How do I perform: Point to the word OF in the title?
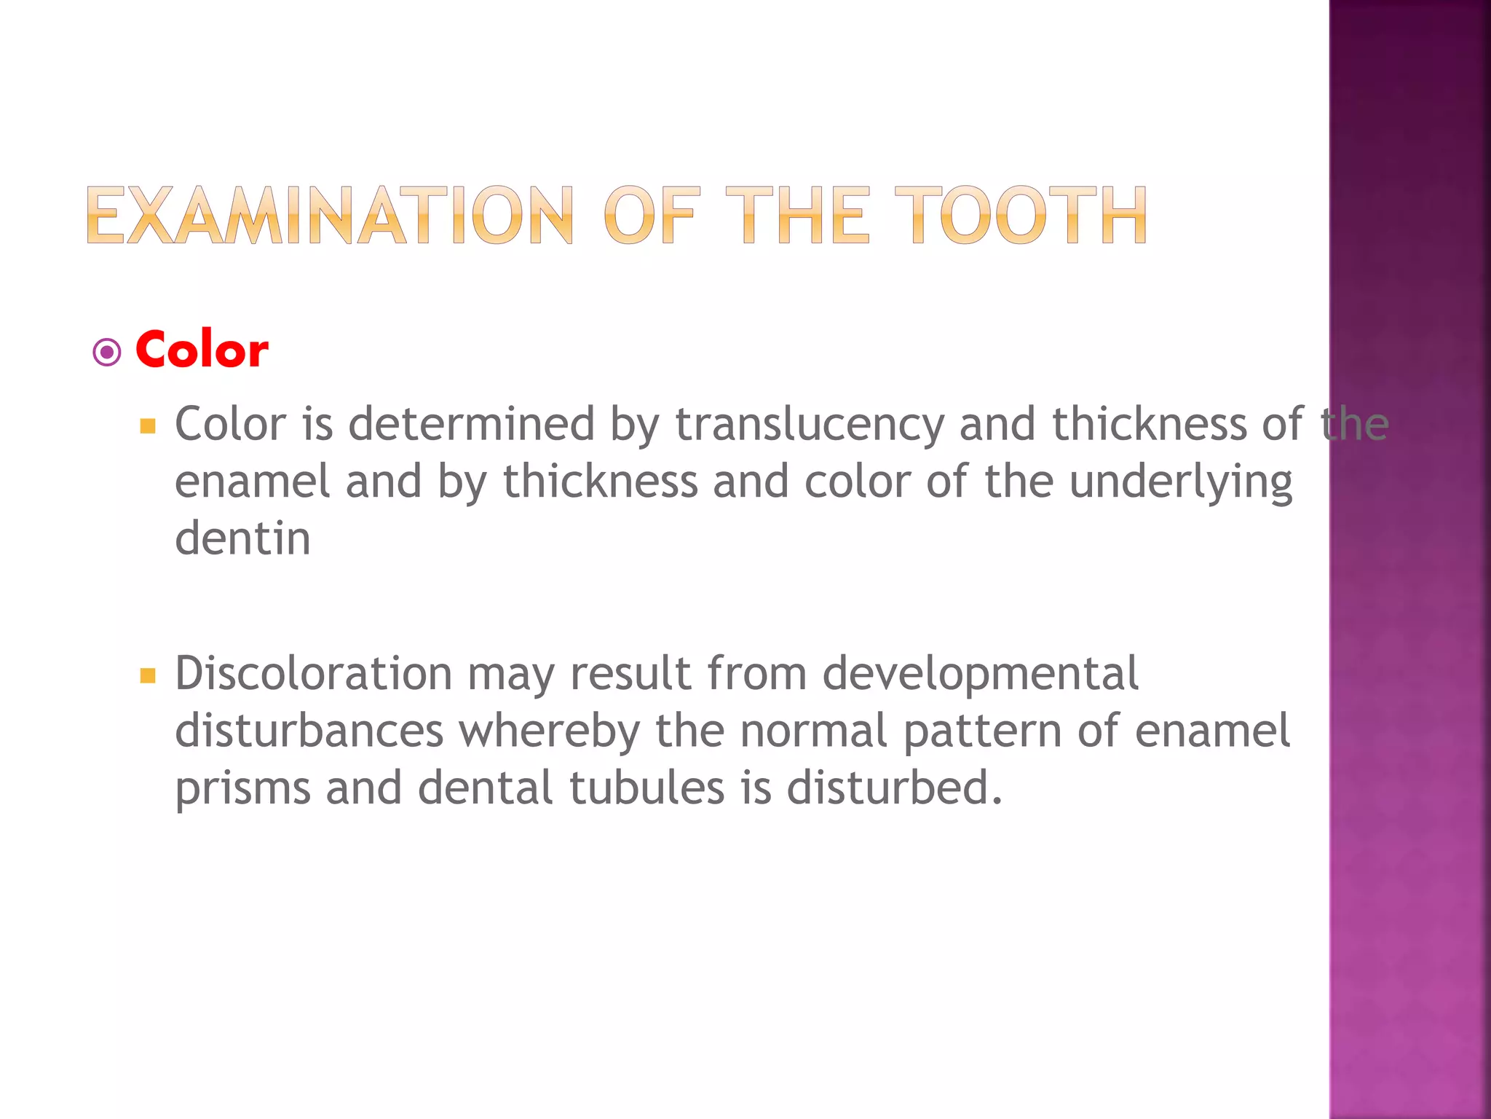point(651,215)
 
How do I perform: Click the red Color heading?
point(202,350)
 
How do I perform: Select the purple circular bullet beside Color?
point(107,353)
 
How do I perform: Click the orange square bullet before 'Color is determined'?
point(148,426)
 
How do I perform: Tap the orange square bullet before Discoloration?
point(148,675)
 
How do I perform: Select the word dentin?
point(243,538)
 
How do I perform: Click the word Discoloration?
point(314,673)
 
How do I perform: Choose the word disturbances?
point(309,731)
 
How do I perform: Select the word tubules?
point(647,788)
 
